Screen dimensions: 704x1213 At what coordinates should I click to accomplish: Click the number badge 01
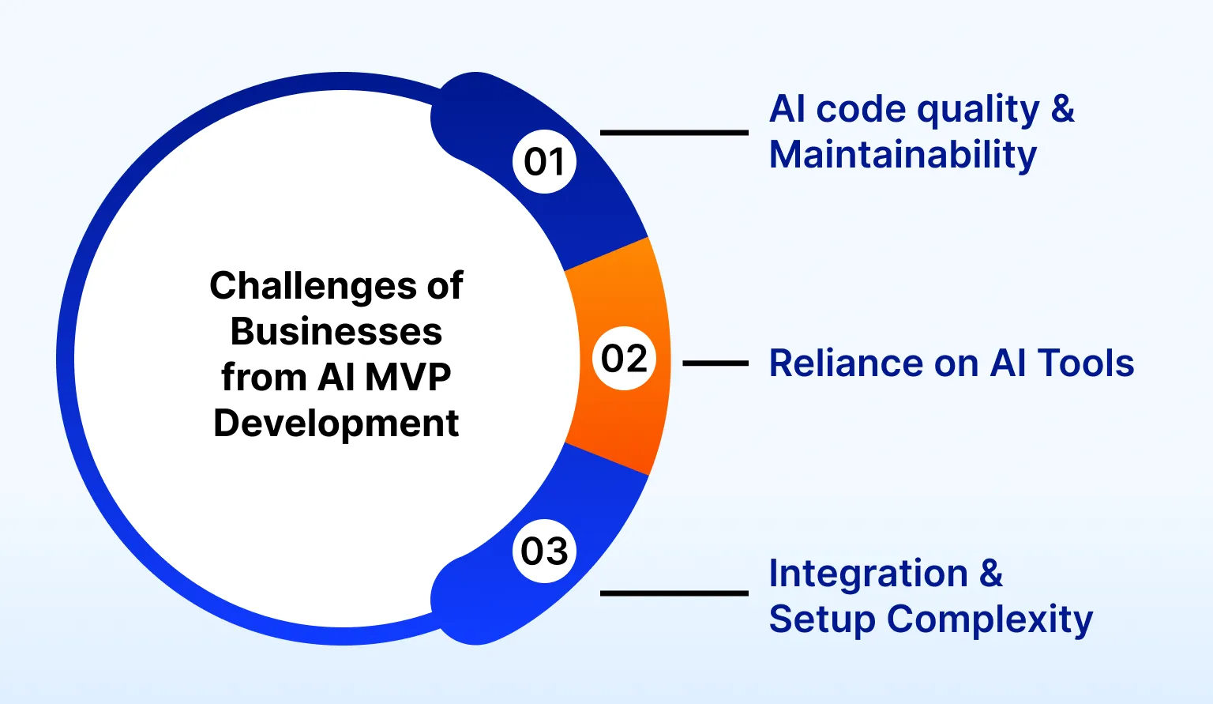[545, 161]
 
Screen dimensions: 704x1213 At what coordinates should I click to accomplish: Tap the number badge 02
[624, 359]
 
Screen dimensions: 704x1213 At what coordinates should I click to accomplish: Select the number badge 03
[545, 551]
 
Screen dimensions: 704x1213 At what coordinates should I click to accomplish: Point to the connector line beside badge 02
[715, 363]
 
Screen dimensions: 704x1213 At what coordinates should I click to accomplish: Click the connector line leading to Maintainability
[674, 133]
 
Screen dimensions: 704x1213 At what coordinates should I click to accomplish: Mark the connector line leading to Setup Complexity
[674, 593]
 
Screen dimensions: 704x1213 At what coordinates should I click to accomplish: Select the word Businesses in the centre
[336, 332]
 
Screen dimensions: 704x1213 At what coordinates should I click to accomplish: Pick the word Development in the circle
[336, 424]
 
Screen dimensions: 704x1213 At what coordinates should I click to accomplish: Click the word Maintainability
[903, 155]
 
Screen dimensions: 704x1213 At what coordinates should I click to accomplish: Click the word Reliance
[845, 363]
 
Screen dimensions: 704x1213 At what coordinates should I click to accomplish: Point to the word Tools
[1086, 363]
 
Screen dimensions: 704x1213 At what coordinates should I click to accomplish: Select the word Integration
[868, 574]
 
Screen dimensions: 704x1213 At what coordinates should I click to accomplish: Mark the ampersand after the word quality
[1063, 109]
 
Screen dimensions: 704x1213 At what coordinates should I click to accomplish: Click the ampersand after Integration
[991, 574]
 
